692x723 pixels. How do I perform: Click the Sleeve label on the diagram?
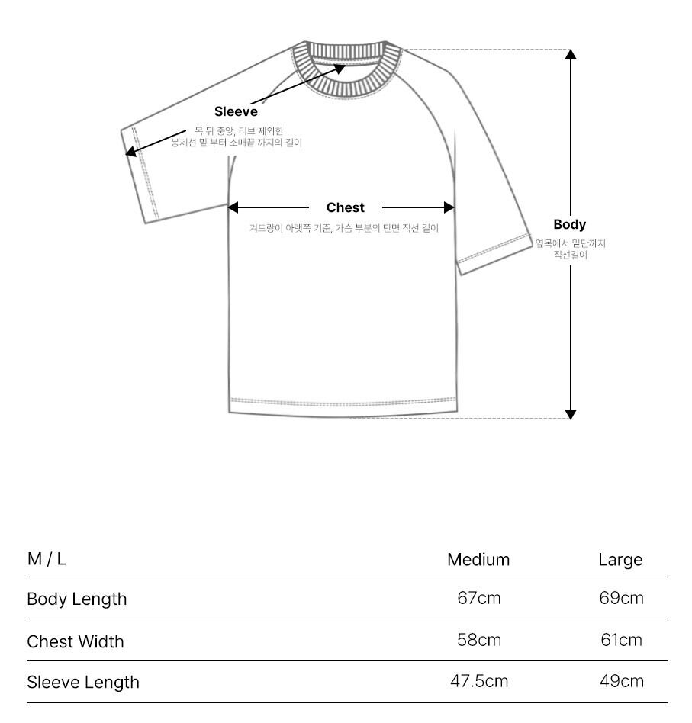(236, 112)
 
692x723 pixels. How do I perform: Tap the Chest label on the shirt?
(346, 207)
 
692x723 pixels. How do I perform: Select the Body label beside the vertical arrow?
(570, 224)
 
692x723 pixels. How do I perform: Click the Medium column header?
(478, 560)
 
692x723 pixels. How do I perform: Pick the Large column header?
(620, 560)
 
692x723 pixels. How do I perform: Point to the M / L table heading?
(47, 559)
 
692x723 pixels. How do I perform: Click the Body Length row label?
(77, 599)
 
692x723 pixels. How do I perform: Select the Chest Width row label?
(76, 641)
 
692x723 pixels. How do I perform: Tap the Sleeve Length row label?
(83, 682)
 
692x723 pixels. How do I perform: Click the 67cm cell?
(479, 598)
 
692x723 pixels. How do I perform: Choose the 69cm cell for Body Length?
(621, 598)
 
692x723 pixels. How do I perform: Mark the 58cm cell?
(479, 640)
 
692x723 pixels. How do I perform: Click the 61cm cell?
(621, 640)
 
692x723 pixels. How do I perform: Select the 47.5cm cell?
(479, 681)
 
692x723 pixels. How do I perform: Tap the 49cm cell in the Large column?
(621, 681)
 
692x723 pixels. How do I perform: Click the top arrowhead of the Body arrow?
(571, 54)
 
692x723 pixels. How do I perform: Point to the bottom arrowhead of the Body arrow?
(571, 414)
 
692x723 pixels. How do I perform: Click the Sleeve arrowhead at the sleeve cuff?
(130, 153)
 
